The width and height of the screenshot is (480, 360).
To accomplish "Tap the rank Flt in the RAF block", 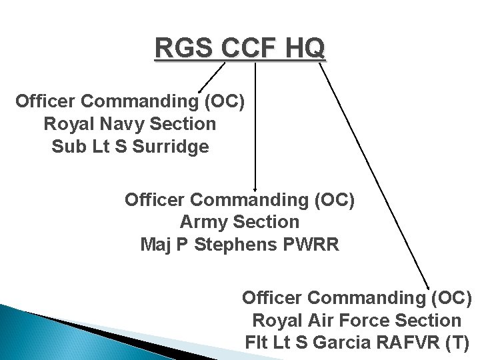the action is point(257,343).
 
